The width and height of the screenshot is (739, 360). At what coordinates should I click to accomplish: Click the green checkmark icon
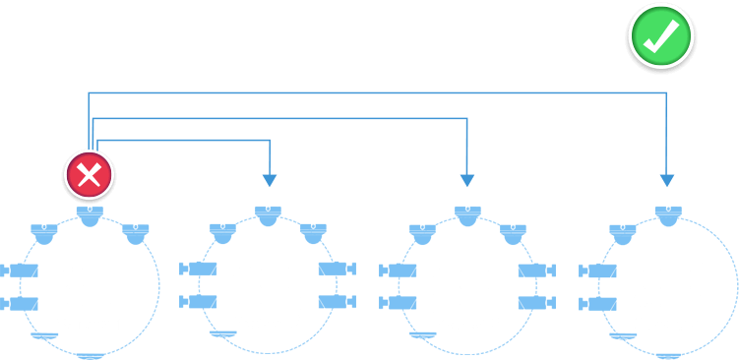pyautogui.click(x=661, y=35)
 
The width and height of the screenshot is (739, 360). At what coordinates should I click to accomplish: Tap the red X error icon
pyautogui.click(x=90, y=176)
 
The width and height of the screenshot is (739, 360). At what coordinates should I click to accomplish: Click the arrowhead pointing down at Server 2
pyautogui.click(x=270, y=181)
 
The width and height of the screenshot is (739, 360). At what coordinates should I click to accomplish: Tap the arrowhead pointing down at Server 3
pyautogui.click(x=468, y=181)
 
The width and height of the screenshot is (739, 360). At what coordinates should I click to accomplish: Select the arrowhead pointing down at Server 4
pyautogui.click(x=667, y=181)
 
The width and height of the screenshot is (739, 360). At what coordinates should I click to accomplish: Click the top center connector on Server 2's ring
pyautogui.click(x=269, y=213)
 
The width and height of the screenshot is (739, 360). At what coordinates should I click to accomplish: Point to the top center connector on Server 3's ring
pyautogui.click(x=468, y=213)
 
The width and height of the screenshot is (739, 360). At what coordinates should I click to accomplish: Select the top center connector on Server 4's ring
pyautogui.click(x=668, y=213)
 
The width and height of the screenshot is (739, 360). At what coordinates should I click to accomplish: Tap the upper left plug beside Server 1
pyautogui.click(x=20, y=270)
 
